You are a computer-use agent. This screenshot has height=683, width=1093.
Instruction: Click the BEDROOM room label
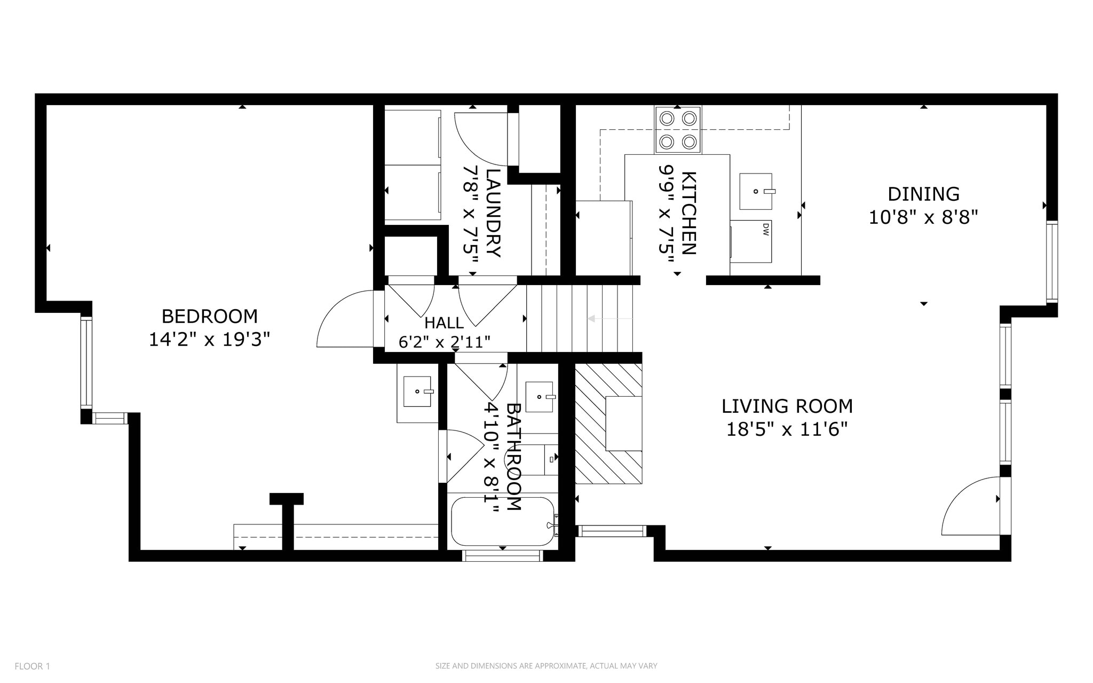point(209,316)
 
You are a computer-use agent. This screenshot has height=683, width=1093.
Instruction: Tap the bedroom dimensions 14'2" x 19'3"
point(209,340)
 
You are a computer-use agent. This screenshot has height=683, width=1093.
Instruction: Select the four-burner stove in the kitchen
point(678,130)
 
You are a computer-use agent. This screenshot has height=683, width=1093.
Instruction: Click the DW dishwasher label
point(765,230)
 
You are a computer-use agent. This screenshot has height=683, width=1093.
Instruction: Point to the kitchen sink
point(755,191)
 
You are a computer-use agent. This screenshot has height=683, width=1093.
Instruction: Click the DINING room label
point(923,193)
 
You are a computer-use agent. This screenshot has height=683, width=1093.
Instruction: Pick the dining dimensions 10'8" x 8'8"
point(923,217)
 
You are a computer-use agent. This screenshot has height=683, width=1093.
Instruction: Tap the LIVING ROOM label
point(787,406)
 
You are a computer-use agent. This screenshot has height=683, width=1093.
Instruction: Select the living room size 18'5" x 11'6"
point(787,429)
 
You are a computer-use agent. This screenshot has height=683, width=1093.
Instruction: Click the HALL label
point(444,323)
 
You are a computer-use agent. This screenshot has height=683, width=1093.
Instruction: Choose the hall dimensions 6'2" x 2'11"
point(444,342)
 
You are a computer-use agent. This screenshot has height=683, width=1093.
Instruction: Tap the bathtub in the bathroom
point(502,521)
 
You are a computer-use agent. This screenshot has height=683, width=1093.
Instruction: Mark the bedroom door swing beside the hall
point(344,320)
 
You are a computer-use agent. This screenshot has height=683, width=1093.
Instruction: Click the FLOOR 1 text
point(32,666)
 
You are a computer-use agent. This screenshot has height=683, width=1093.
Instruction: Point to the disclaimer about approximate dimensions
point(546,666)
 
